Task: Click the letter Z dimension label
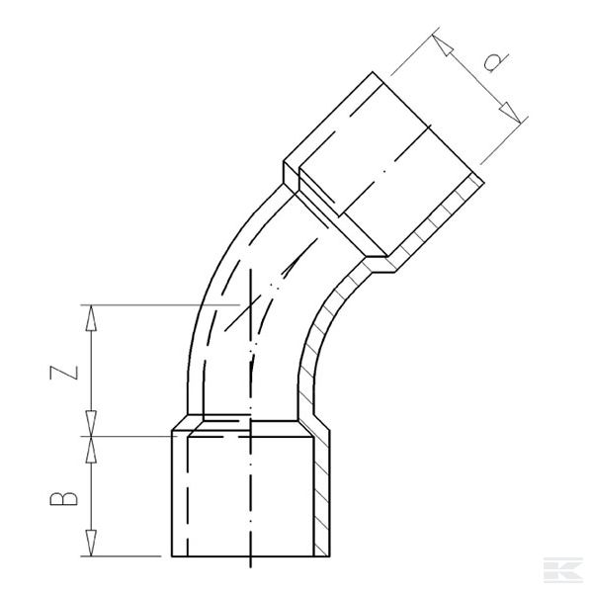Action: (61, 371)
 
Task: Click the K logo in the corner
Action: (566, 571)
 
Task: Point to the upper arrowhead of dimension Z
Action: (92, 315)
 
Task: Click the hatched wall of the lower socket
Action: (322, 494)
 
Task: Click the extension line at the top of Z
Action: (148, 305)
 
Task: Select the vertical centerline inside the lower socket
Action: (250, 494)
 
